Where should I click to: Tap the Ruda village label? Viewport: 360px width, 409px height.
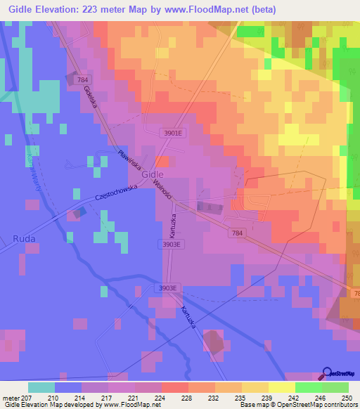tap(23, 239)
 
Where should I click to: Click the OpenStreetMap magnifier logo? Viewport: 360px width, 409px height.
tap(326, 372)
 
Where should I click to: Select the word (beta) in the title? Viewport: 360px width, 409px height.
tap(262, 10)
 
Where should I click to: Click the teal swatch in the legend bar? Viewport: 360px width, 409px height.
tap(41, 387)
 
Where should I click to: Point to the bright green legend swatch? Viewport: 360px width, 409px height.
tap(308, 387)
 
